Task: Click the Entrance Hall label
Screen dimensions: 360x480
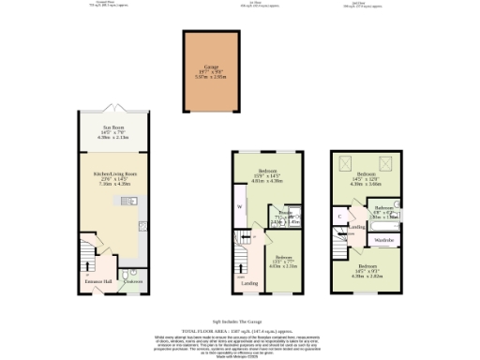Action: point(98,280)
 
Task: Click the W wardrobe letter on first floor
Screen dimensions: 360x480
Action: point(240,206)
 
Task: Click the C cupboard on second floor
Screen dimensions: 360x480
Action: point(339,216)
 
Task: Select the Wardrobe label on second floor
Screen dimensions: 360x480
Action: point(384,240)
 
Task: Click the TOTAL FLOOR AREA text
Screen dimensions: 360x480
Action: point(240,333)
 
